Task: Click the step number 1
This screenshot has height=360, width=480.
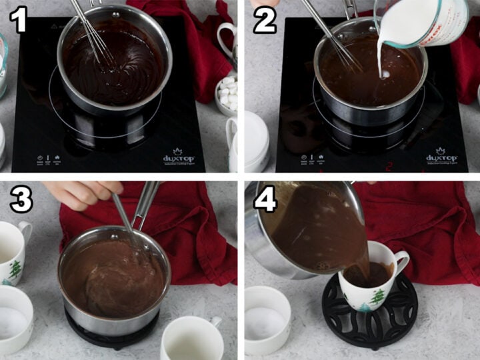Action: (17, 21)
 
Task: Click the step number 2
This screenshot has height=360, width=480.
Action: (264, 21)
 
